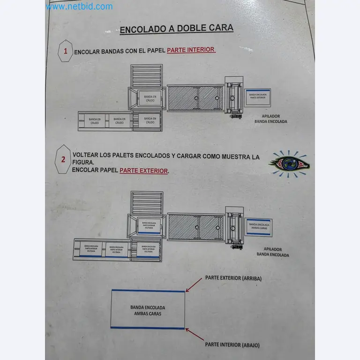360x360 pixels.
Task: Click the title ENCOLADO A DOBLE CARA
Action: pyautogui.click(x=176, y=29)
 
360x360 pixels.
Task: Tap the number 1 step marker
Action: pyautogui.click(x=66, y=51)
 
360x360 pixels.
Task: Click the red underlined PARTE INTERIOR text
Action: pyautogui.click(x=191, y=50)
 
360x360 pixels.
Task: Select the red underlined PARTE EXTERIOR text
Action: pyautogui.click(x=143, y=171)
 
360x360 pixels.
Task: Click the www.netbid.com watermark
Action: pyautogui.click(x=79, y=7)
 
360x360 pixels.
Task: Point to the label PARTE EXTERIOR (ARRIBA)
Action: pyautogui.click(x=233, y=278)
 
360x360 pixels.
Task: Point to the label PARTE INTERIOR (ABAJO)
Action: pyautogui.click(x=232, y=345)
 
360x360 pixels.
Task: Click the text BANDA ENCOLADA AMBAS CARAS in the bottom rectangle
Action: pyautogui.click(x=148, y=310)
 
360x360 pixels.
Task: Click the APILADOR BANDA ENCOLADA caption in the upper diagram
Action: pyautogui.click(x=270, y=119)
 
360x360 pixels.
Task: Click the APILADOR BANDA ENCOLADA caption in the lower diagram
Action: pyautogui.click(x=272, y=252)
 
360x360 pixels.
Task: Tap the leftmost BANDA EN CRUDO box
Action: pyautogui.click(x=94, y=121)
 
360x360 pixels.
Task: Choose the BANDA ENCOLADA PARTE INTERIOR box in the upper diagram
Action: pyautogui.click(x=258, y=96)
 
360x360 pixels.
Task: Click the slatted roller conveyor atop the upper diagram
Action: pyautogui.click(x=147, y=75)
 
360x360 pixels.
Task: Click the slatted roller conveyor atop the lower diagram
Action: pyautogui.click(x=147, y=202)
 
